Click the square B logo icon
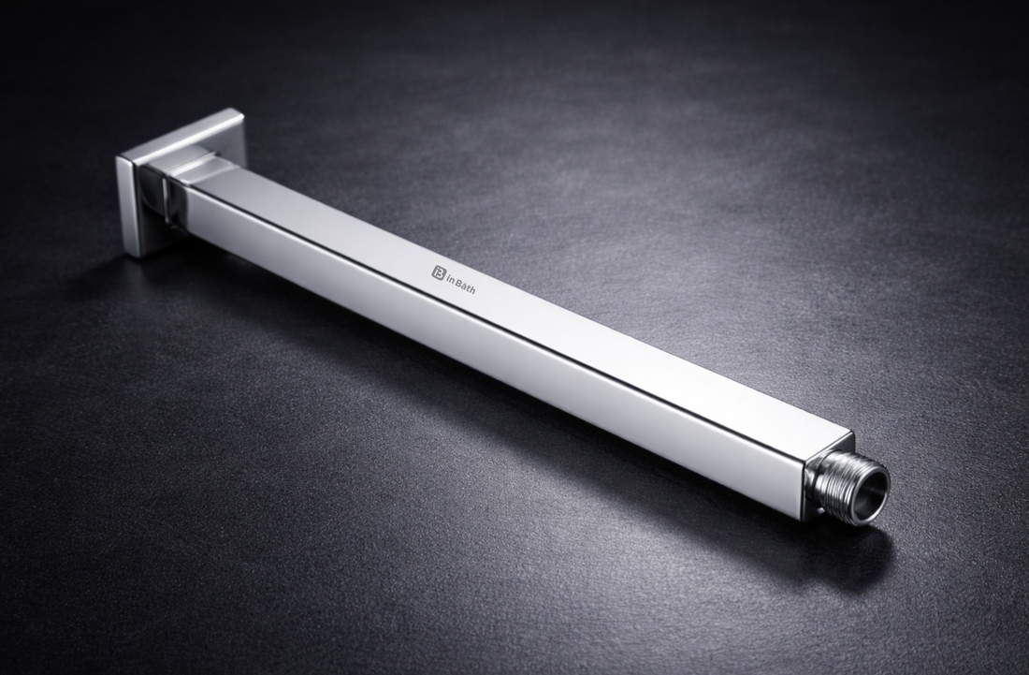pyautogui.click(x=438, y=271)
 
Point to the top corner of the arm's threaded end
pyautogui.click(x=850, y=435)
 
